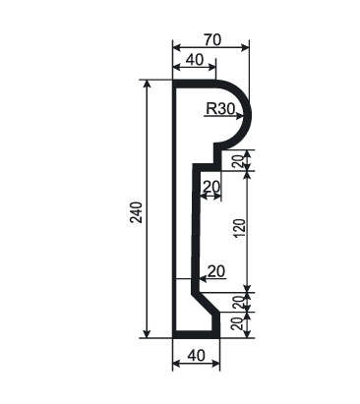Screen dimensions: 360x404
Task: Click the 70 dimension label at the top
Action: (213, 40)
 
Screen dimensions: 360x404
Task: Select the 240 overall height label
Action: (136, 212)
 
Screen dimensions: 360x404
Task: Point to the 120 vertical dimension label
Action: (240, 228)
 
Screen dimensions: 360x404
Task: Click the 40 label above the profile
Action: (195, 60)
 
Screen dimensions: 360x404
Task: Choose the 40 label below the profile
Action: (196, 356)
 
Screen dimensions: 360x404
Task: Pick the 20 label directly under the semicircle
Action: (241, 160)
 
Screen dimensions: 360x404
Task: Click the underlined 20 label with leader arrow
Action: (216, 271)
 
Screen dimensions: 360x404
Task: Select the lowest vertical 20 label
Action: (240, 323)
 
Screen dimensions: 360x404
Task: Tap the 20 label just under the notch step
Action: (211, 187)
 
